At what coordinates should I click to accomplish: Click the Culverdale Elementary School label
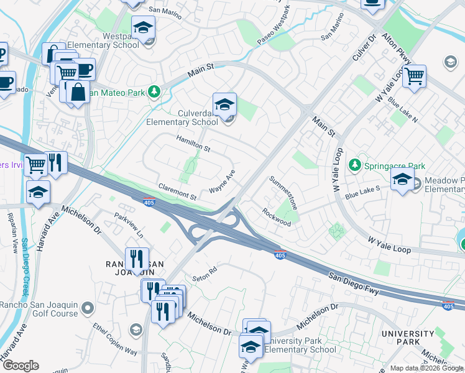pos(182,117)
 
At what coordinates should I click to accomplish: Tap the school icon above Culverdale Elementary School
pos(224,104)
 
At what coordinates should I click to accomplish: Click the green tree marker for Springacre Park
pos(354,165)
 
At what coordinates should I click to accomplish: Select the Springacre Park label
pos(394,166)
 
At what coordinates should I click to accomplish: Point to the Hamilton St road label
pos(193,144)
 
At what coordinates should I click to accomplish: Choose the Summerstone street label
pos(283,192)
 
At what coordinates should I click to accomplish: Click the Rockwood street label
pos(277,217)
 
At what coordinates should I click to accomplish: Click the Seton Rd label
pos(204,272)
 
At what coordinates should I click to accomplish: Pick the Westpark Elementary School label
pos(103,40)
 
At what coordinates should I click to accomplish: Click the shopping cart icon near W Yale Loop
pos(414,77)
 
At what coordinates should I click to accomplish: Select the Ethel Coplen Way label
pos(115,339)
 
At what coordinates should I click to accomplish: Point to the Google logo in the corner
pos(21,366)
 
